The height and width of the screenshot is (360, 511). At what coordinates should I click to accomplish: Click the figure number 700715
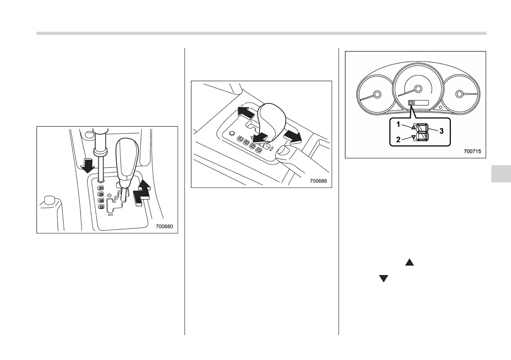tap(472, 151)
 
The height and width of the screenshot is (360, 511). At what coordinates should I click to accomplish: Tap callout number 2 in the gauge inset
tap(399, 139)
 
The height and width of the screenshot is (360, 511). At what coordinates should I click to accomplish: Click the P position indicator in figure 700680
tap(101, 188)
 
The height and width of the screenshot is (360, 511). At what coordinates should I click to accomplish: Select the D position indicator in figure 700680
tap(101, 207)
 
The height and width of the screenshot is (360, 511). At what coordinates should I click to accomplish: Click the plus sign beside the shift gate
tap(109, 195)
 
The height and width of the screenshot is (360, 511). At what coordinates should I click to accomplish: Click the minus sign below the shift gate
tap(110, 214)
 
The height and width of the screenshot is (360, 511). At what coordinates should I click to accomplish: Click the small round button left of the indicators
tap(232, 133)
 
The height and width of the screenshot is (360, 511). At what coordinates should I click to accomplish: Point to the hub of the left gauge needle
tap(377, 94)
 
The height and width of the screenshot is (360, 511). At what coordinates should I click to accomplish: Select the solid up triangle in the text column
tap(409, 261)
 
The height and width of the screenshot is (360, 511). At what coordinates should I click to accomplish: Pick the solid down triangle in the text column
tap(383, 278)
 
